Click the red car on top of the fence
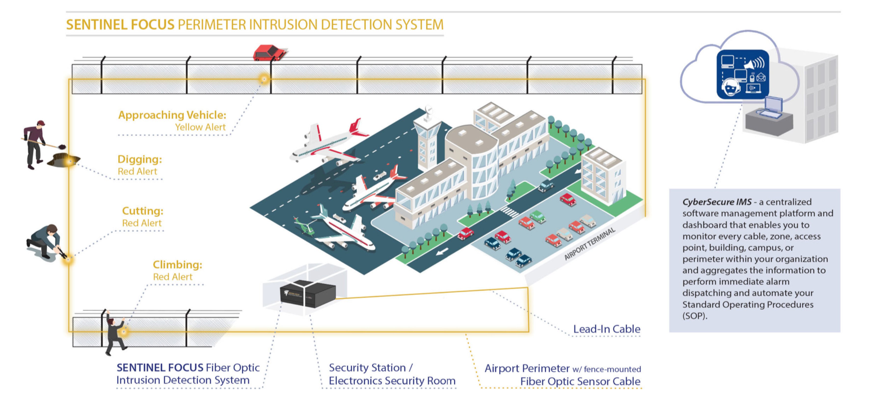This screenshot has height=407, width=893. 269,53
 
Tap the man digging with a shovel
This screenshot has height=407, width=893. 35,144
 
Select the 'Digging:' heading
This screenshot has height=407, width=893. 140,159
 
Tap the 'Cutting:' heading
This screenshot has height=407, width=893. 142,211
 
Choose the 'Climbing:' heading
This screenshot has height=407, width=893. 177,265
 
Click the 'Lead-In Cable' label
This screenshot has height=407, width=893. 606,329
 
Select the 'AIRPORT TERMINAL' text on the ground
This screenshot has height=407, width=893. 589,244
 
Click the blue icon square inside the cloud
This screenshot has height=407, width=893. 743,74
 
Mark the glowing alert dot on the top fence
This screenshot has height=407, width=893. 264,79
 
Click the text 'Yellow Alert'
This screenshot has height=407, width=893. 200,127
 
